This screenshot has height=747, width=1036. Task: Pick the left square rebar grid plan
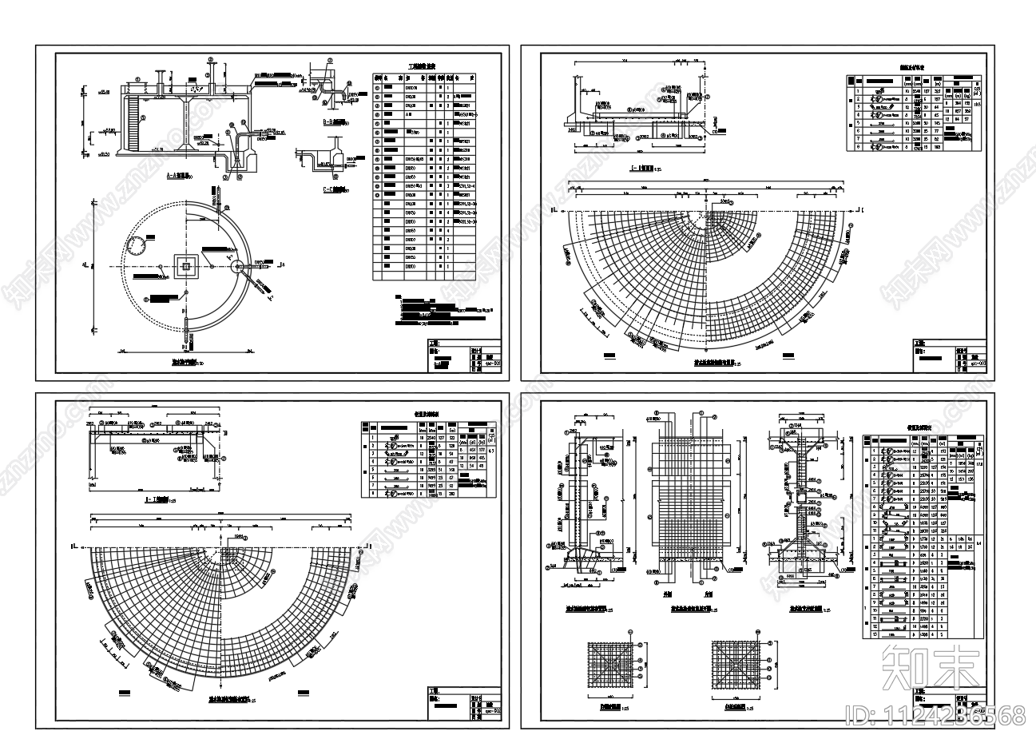point(607,664)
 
